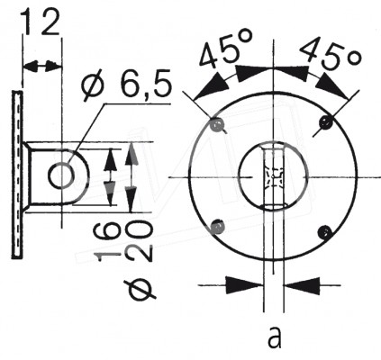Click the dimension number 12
click(41, 22)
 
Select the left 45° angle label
click(226, 50)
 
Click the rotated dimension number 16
click(107, 243)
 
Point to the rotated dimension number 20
click(140, 240)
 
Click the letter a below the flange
click(275, 337)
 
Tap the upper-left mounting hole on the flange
click(217, 124)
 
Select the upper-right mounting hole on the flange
click(326, 122)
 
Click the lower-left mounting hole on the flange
click(217, 226)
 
